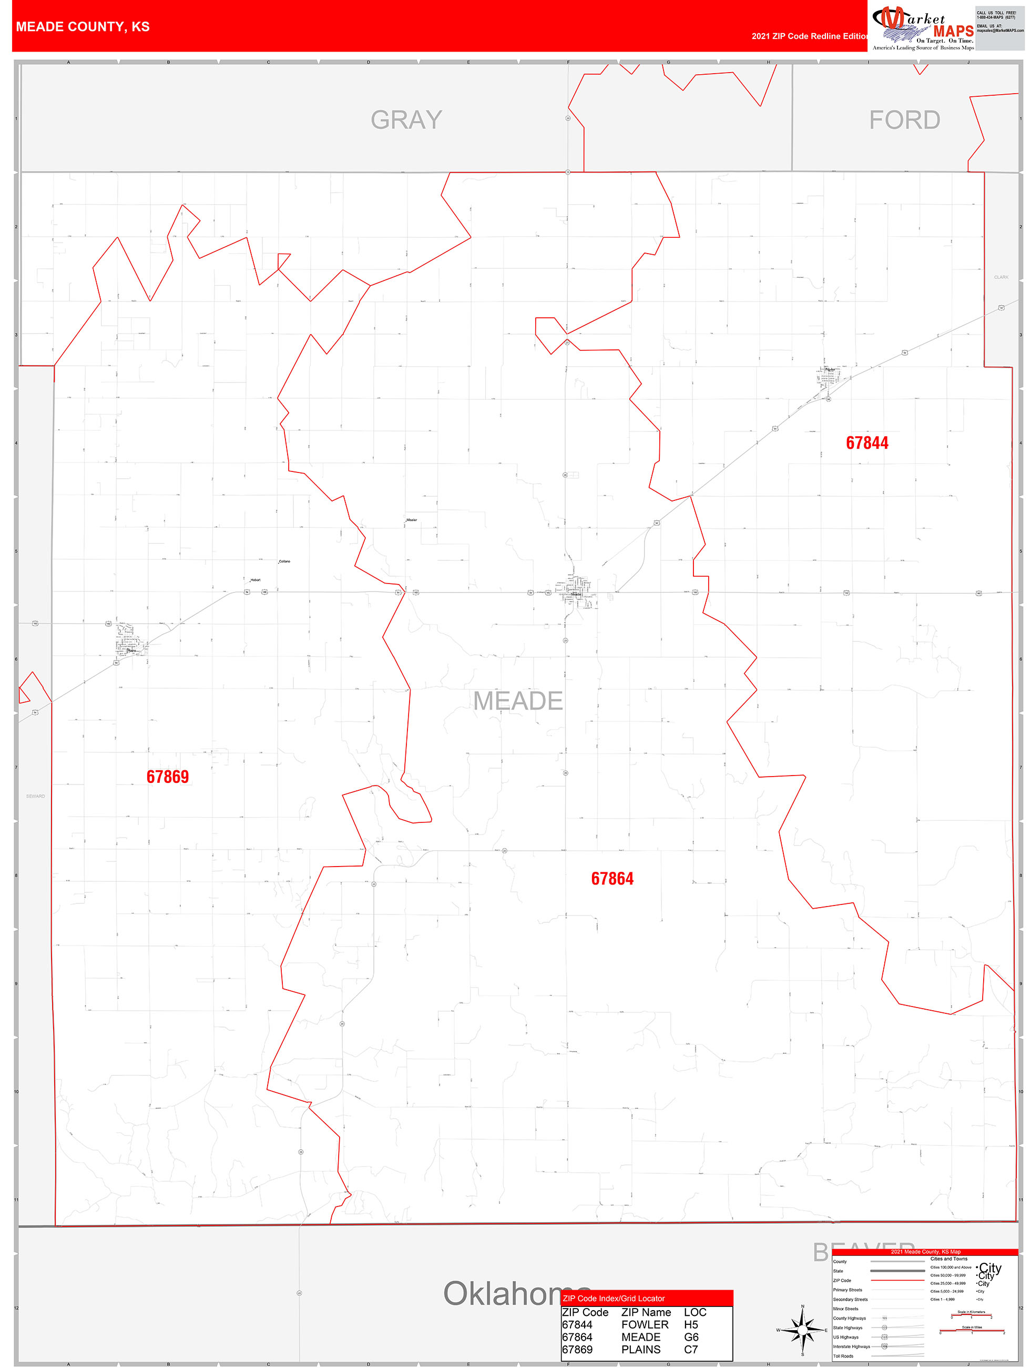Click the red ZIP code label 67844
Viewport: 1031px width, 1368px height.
click(x=866, y=443)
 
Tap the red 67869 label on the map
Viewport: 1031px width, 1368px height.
click(x=168, y=777)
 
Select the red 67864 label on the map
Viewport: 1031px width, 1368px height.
click(x=612, y=879)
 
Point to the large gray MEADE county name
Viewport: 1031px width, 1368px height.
click(x=518, y=701)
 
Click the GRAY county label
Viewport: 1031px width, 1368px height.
click(x=406, y=120)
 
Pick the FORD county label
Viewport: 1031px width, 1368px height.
click(x=904, y=120)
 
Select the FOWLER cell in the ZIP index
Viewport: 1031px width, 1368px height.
click(x=645, y=1325)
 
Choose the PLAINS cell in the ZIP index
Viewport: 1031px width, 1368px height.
click(x=640, y=1350)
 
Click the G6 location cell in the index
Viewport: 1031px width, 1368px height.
click(x=691, y=1337)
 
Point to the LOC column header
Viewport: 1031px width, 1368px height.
click(x=695, y=1312)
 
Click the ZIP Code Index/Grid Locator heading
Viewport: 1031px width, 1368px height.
click(x=614, y=1299)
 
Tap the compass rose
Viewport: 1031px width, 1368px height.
click(x=802, y=1329)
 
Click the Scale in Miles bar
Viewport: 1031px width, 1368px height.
click(x=972, y=1332)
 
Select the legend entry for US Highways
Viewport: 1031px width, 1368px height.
click(x=846, y=1337)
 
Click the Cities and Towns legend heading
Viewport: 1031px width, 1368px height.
click(x=949, y=1259)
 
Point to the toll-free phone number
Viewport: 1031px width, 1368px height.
click(x=996, y=15)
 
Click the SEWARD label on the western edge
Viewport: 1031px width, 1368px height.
click(x=35, y=796)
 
